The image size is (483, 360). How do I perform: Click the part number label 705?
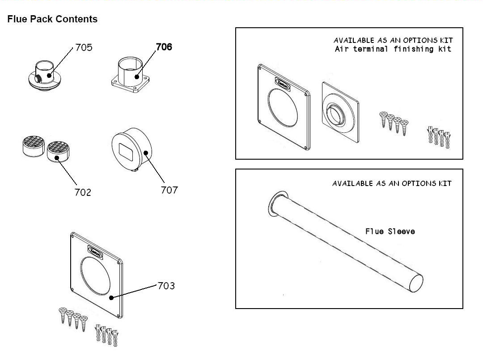(x=84, y=47)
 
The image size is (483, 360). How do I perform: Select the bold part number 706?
(x=164, y=47)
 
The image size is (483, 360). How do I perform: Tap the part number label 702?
(x=83, y=192)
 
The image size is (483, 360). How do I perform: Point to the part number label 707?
(x=169, y=190)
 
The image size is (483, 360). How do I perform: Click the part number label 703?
(x=166, y=286)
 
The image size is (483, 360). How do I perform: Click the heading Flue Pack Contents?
(x=52, y=19)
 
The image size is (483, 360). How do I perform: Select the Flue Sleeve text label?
(x=390, y=231)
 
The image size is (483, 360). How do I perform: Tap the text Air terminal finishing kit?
(x=393, y=49)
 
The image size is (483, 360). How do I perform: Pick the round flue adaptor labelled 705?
(x=45, y=74)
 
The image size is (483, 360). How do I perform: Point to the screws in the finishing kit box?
(x=394, y=121)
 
